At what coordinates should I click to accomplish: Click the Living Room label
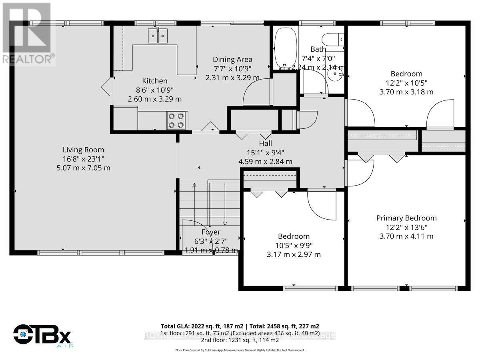(x=83, y=150)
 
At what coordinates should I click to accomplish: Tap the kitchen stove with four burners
(x=176, y=120)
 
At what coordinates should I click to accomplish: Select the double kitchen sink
(x=158, y=36)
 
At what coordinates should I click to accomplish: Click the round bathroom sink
(x=334, y=74)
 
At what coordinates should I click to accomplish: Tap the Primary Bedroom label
(x=406, y=218)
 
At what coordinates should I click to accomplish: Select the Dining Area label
(x=232, y=59)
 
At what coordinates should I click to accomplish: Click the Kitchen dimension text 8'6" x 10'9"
(x=155, y=90)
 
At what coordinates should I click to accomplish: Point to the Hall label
(x=265, y=144)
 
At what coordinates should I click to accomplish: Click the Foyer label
(x=211, y=232)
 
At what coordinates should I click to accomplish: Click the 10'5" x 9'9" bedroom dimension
(x=294, y=245)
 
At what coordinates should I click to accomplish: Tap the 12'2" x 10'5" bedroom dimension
(x=406, y=83)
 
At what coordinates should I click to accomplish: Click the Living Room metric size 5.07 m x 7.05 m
(x=83, y=168)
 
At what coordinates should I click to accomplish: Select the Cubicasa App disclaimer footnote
(x=240, y=350)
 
